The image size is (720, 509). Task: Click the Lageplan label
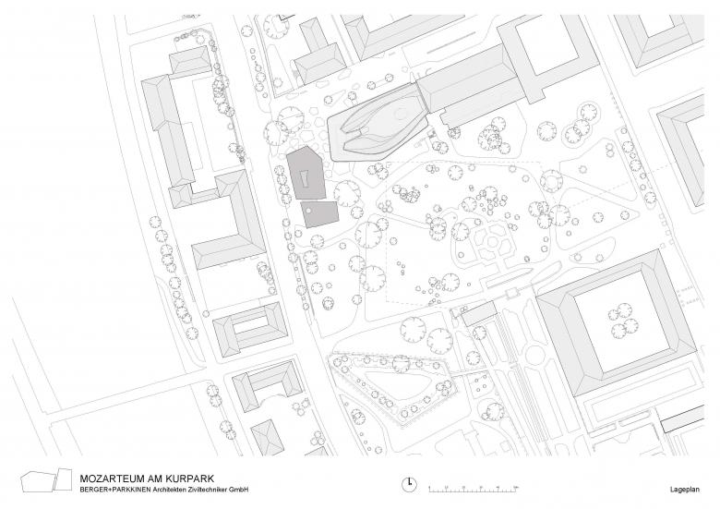click(x=685, y=490)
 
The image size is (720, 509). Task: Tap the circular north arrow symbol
click(x=409, y=484)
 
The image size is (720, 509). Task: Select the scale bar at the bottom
click(x=474, y=489)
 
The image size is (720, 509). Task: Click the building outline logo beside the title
click(x=46, y=480)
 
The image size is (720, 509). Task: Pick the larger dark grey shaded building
click(x=306, y=173)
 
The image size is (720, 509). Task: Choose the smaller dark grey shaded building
click(x=320, y=213)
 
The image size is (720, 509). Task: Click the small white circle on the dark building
click(x=309, y=211)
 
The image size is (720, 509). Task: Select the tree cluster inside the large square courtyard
click(x=623, y=321)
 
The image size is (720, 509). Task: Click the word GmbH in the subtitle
click(x=241, y=490)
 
